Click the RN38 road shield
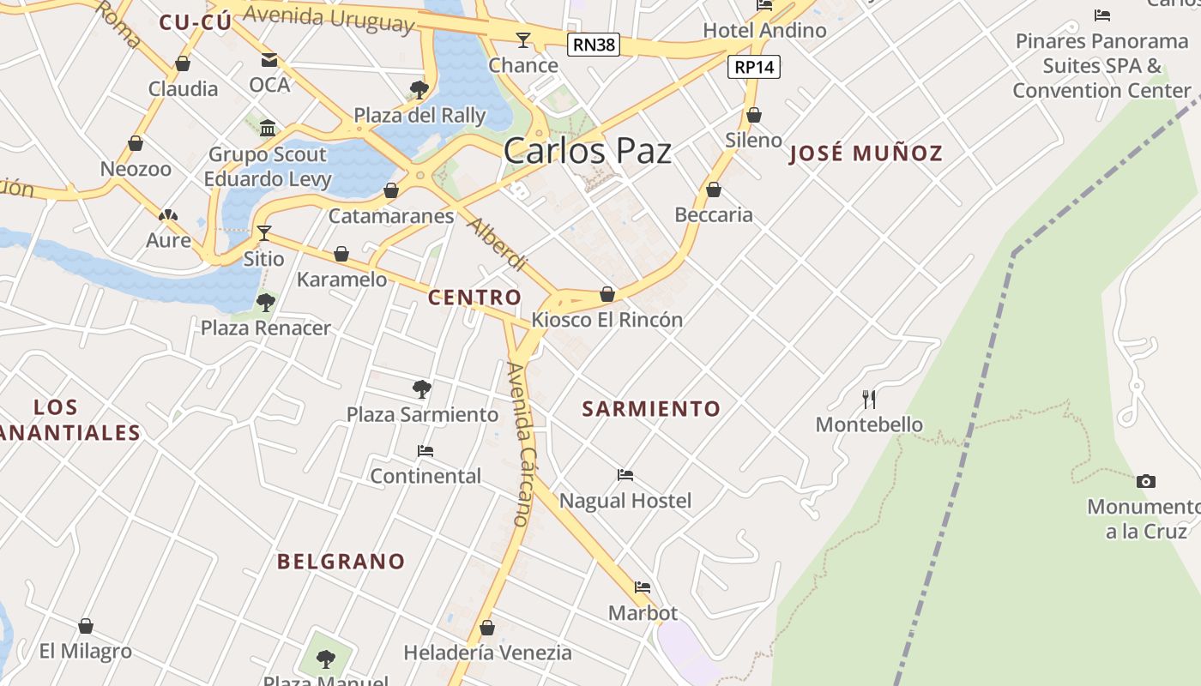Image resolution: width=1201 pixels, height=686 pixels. tap(594, 45)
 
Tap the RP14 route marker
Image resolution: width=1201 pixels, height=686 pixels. tap(754, 67)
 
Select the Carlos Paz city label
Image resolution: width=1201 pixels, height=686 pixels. tap(587, 152)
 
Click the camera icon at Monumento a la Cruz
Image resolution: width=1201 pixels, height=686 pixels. tap(1145, 481)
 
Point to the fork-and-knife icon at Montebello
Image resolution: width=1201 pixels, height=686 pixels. tap(869, 399)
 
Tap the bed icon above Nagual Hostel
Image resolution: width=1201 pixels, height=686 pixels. tap(625, 475)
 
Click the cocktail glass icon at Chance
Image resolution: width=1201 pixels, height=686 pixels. tap(522, 39)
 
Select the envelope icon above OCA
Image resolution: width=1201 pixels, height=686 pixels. tap(269, 60)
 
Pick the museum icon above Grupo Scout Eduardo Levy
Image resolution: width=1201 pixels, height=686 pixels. tap(268, 129)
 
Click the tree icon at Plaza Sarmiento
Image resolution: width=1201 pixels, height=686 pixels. tap(421, 389)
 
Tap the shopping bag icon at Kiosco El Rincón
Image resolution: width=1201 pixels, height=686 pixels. tap(607, 294)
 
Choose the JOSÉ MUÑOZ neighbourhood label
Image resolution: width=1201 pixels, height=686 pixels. tap(866, 154)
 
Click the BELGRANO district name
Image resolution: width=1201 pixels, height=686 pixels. tap(341, 562)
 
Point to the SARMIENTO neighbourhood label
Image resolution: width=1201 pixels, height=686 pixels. tap(651, 409)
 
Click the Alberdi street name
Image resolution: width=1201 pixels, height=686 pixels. tap(497, 244)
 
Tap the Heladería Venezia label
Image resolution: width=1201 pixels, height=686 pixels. tap(487, 653)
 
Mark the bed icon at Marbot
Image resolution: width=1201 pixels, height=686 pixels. tap(643, 587)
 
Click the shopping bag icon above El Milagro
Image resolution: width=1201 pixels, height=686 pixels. tap(86, 626)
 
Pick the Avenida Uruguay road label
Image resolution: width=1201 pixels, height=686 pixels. tap(329, 17)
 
